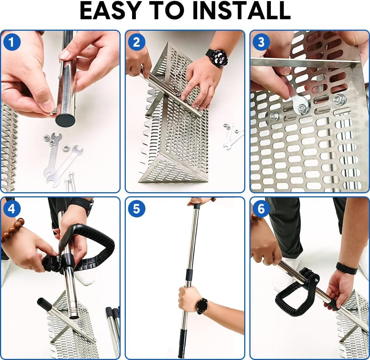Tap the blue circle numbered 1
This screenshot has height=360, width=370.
pos(12,42)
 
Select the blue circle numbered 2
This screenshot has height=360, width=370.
pos(137,42)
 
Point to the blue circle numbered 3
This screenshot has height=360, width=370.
pos(261,42)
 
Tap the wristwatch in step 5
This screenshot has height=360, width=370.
pos(202,306)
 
